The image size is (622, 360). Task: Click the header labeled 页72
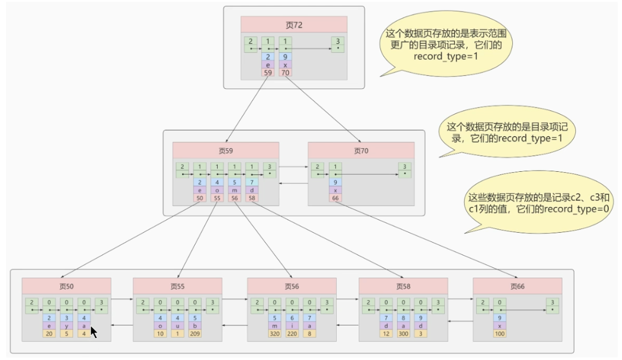point(294,25)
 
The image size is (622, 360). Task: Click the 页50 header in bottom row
point(66,286)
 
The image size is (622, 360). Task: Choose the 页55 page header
point(177,286)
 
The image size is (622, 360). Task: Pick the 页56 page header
point(291,286)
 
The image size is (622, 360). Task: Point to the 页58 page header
point(403,286)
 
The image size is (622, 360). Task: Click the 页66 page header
point(517,286)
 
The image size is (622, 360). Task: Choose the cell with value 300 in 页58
point(403,333)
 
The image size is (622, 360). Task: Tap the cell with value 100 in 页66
point(500,333)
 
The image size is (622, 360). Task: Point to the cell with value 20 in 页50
point(49,333)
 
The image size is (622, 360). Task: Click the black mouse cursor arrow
point(93,332)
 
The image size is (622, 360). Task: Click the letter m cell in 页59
point(235,190)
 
